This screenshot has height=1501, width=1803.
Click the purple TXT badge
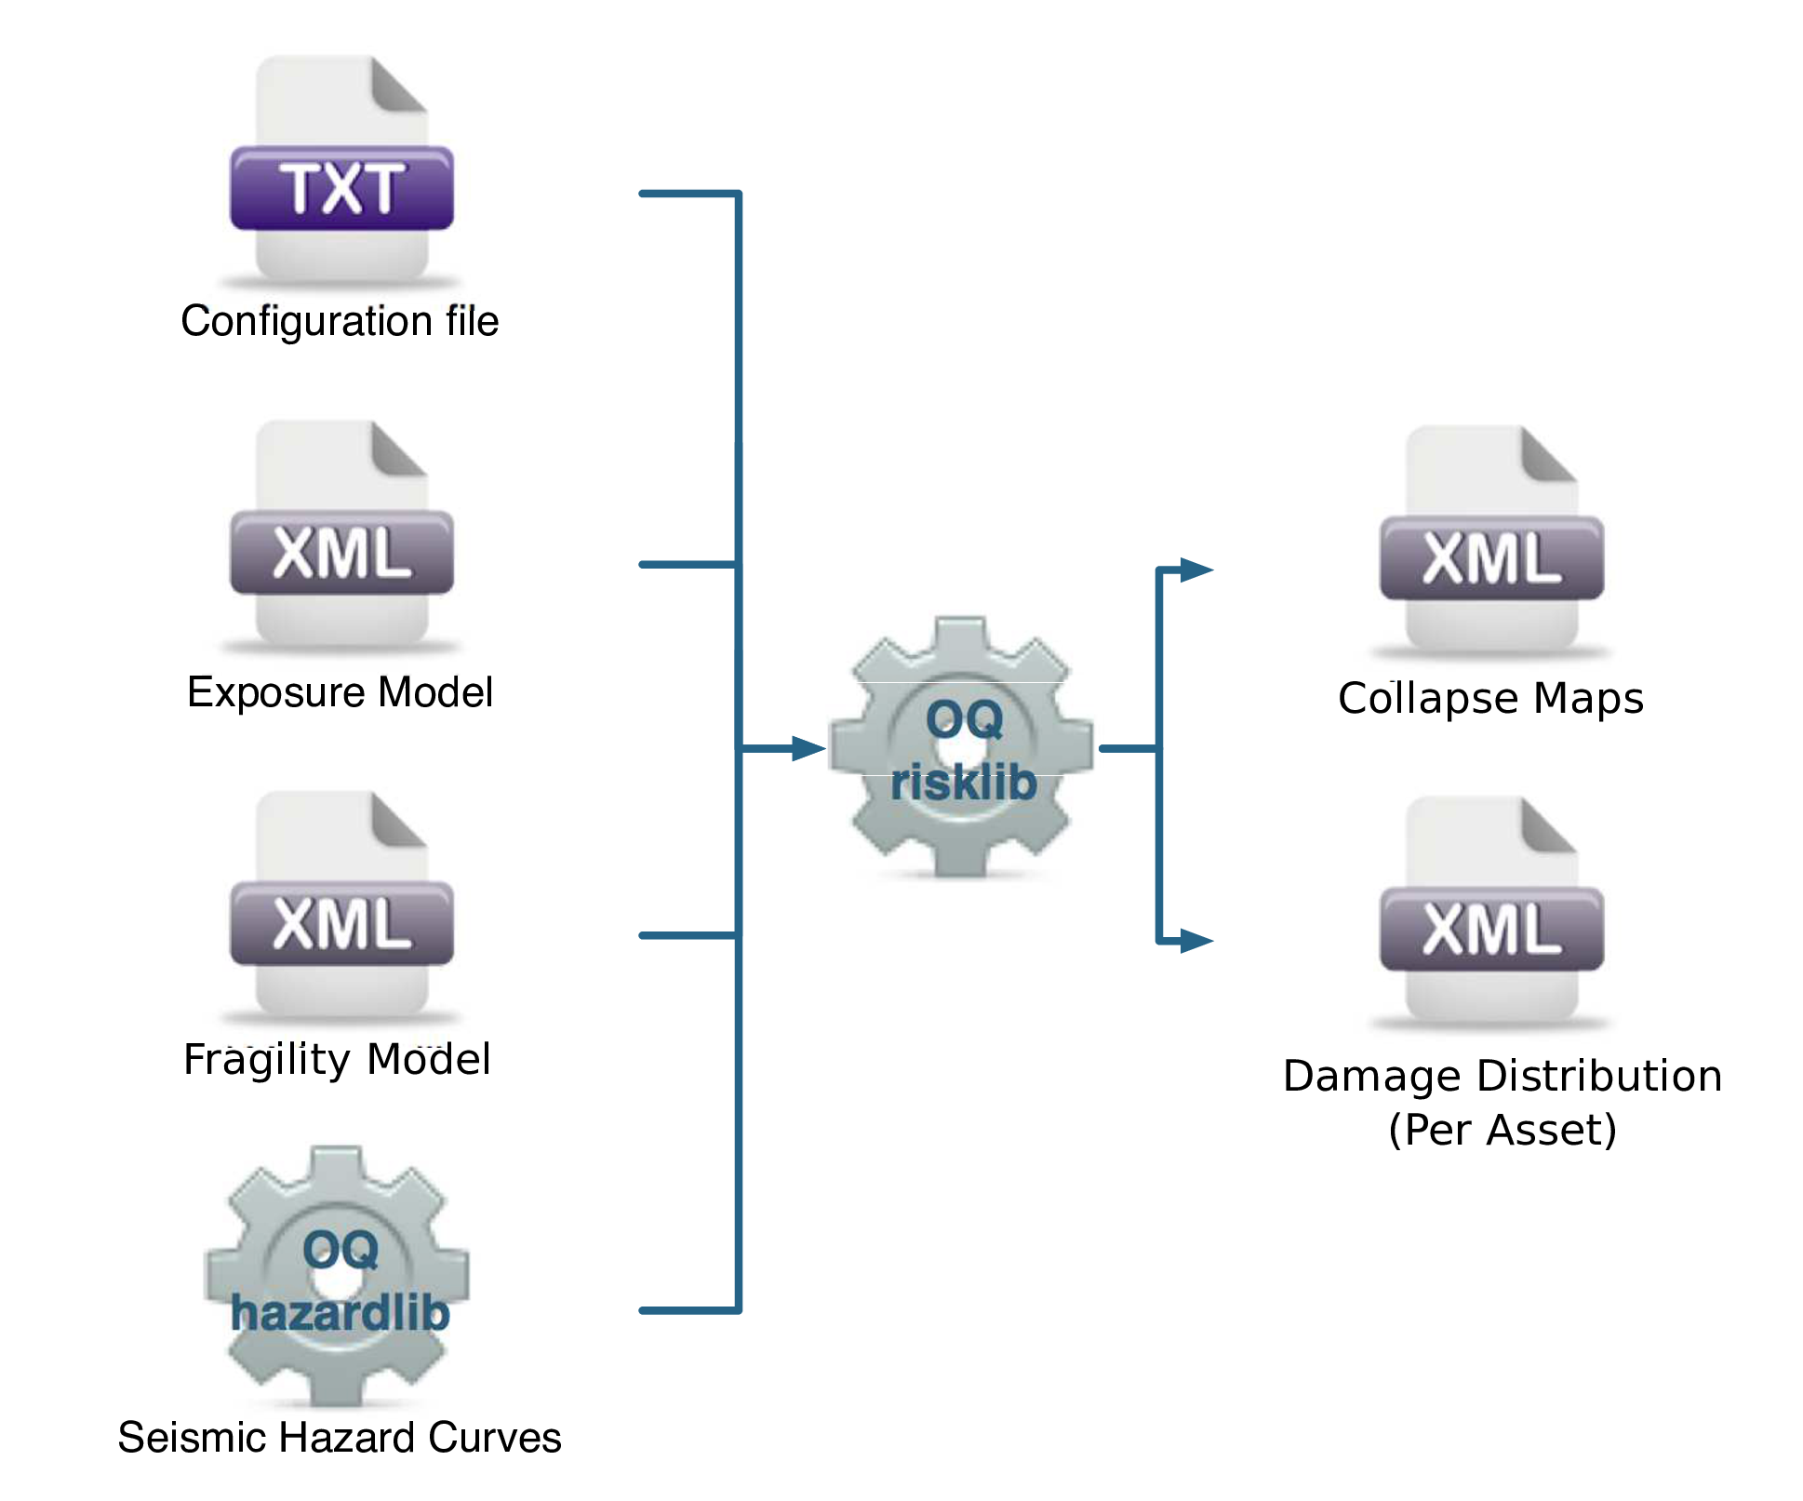[x=341, y=188]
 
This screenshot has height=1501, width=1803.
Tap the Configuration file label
[x=340, y=321]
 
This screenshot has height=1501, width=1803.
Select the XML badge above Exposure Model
[x=341, y=553]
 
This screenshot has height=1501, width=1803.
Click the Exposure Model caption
[x=340, y=692]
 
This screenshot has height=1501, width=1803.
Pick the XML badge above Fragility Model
[x=341, y=923]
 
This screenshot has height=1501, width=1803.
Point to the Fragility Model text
[x=337, y=1059]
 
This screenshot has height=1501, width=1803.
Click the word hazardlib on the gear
[x=340, y=1313]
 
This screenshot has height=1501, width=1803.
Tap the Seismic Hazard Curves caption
[x=340, y=1438]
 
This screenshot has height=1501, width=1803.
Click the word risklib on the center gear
[x=963, y=782]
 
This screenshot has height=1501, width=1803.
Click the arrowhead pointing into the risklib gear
[x=808, y=748]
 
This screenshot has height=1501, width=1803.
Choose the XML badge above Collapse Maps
[x=1491, y=558]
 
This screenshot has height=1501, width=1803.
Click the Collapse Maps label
[x=1490, y=698]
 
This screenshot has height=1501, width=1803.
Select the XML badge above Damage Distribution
[x=1491, y=929]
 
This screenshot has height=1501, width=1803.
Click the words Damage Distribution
[x=1502, y=1076]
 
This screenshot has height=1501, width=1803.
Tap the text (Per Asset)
[x=1502, y=1130]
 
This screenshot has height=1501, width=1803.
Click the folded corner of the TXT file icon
[x=397, y=84]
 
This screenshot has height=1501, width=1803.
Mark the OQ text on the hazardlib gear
[x=341, y=1250]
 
